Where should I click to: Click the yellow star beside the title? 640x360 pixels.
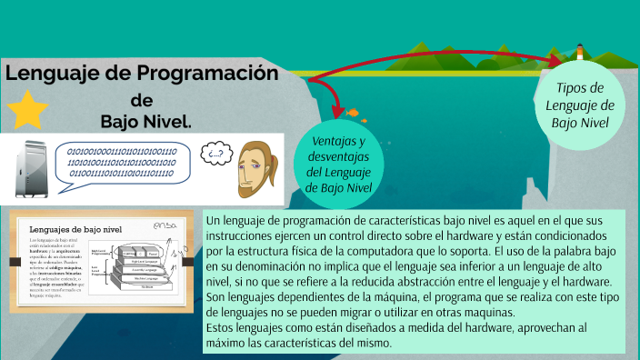pyautogui.click(x=28, y=109)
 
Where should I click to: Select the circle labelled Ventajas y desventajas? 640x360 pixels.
pyautogui.click(x=338, y=165)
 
